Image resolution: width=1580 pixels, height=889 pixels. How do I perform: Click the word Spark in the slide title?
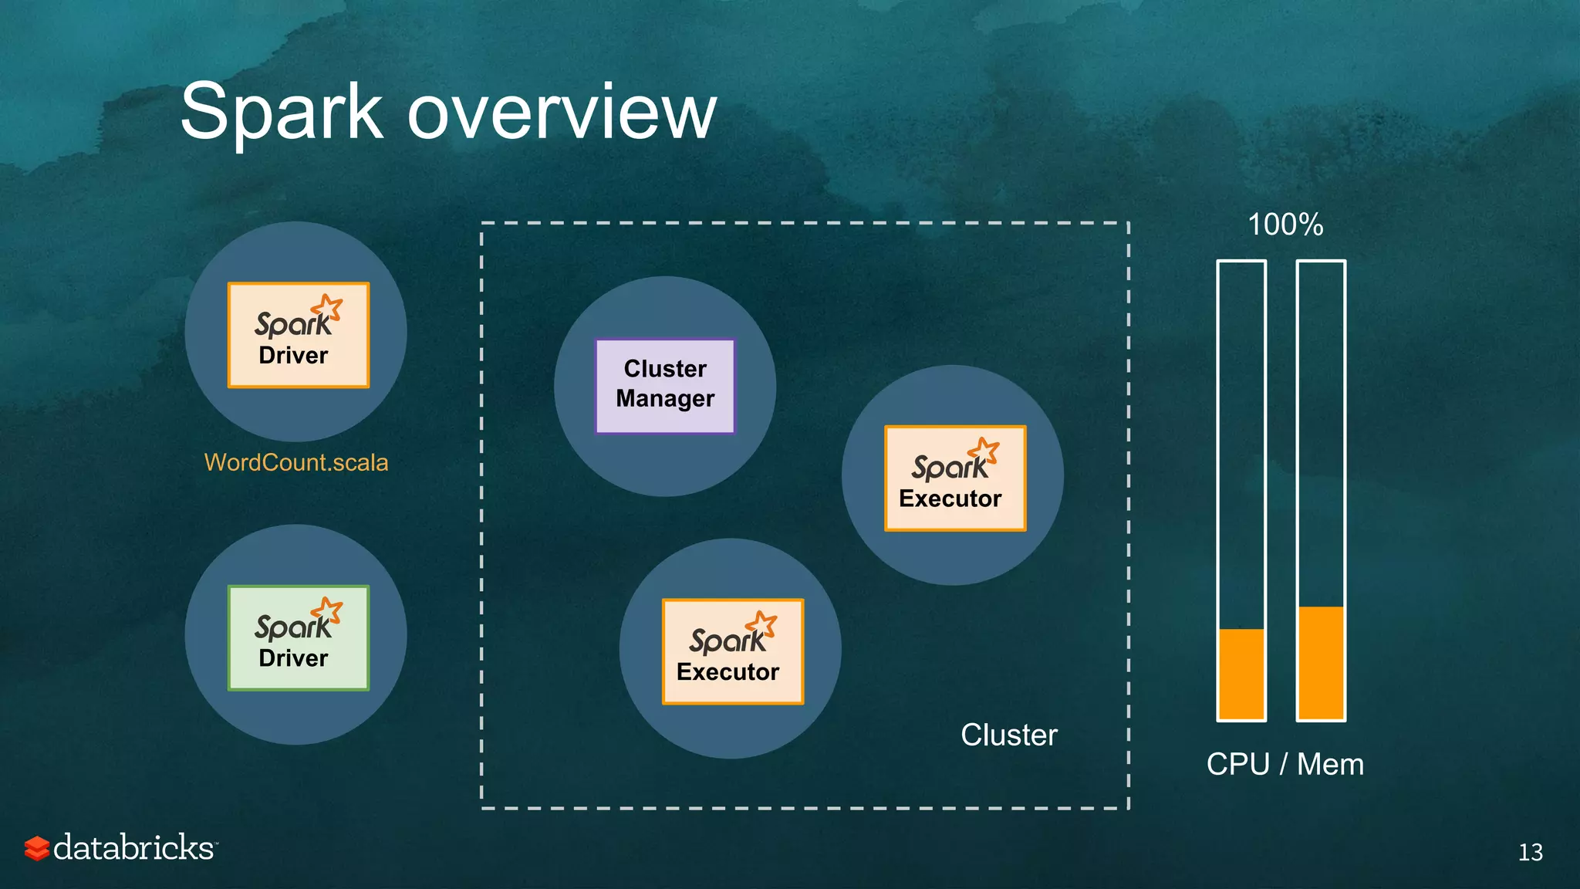pyautogui.click(x=282, y=113)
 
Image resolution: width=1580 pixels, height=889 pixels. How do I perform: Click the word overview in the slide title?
pyautogui.click(x=562, y=113)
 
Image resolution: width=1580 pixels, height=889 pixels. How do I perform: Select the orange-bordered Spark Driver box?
pyautogui.click(x=299, y=335)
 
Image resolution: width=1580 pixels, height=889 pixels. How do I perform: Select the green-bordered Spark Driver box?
pyautogui.click(x=299, y=637)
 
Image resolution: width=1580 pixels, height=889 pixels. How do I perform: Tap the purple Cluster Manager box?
pyautogui.click(x=665, y=386)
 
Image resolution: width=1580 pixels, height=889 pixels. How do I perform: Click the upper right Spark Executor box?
pyautogui.click(x=955, y=478)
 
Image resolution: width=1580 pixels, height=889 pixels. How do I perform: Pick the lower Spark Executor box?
pyautogui.click(x=733, y=651)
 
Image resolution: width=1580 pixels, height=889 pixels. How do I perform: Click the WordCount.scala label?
pyautogui.click(x=296, y=462)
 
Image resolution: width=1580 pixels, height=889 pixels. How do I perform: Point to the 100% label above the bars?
pyautogui.click(x=1285, y=225)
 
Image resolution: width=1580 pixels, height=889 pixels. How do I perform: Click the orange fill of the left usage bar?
pyautogui.click(x=1241, y=674)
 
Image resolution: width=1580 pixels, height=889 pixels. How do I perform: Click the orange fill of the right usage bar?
pyautogui.click(x=1321, y=663)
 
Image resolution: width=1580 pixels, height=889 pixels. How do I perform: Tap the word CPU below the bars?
pyautogui.click(x=1237, y=764)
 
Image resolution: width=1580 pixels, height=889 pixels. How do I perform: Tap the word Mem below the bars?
pyautogui.click(x=1330, y=764)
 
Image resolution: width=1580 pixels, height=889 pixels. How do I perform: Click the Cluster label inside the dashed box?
pyautogui.click(x=1008, y=735)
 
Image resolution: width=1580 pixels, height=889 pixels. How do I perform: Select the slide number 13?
pyautogui.click(x=1530, y=852)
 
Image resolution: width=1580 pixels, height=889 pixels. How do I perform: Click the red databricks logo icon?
pyautogui.click(x=36, y=848)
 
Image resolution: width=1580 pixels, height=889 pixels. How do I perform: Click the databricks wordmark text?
pyautogui.click(x=134, y=847)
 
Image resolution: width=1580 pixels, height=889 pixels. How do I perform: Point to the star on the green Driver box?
pyautogui.click(x=329, y=610)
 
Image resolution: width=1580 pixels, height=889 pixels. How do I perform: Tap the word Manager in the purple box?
pyautogui.click(x=665, y=399)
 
